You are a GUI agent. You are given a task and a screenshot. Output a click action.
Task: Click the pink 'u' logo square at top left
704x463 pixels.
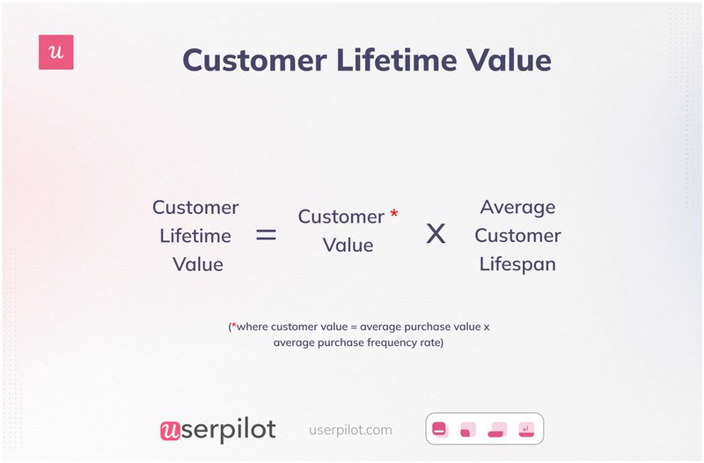coord(56,53)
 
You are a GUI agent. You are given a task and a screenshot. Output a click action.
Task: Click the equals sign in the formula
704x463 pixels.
coord(266,235)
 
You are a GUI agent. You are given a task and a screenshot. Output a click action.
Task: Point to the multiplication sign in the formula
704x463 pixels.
coord(436,234)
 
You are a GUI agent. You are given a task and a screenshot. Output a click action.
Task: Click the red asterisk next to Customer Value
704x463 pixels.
coord(394,214)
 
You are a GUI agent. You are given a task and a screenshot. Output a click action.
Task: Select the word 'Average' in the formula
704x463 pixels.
coord(517,208)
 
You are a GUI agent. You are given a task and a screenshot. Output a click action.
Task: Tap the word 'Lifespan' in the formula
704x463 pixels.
coord(517,264)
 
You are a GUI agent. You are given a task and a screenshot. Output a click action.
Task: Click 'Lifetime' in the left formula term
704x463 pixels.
coord(195,236)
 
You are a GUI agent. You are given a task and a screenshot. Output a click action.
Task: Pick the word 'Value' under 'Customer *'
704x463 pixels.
coord(348,246)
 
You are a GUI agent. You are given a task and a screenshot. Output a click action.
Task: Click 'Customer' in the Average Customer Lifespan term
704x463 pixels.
coord(517,236)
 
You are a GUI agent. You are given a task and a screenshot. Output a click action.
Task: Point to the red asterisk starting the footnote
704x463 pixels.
coord(234,326)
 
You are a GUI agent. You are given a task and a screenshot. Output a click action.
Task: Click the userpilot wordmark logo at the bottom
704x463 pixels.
coord(218,430)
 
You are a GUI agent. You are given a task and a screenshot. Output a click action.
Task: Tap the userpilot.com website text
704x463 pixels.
coord(351,430)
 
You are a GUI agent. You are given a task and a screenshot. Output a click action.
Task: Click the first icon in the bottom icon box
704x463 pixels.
coord(439,430)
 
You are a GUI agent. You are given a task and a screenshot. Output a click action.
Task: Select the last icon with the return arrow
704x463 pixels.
coord(526,430)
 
